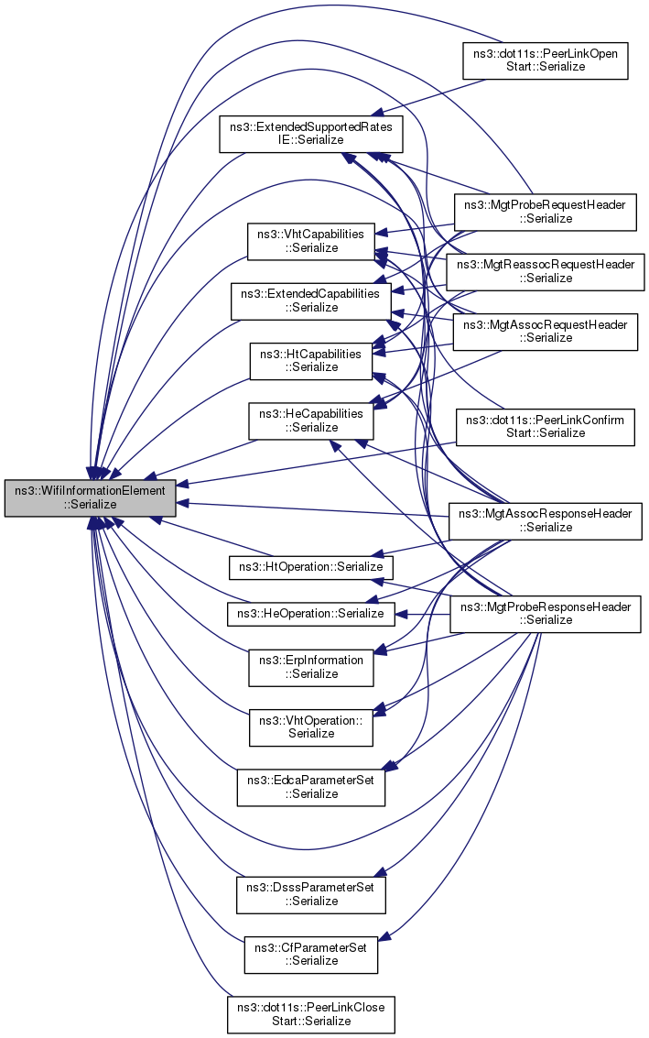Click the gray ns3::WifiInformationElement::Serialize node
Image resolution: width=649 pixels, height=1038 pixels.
[90, 497]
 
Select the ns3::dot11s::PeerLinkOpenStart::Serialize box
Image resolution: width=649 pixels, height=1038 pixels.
[546, 60]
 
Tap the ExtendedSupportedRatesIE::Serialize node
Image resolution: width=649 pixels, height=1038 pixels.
[311, 134]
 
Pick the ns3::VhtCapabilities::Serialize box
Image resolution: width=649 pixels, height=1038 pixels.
[311, 242]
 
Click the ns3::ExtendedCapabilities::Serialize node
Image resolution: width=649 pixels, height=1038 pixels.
[310, 301]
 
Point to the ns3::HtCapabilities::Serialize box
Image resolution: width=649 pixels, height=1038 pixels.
[311, 362]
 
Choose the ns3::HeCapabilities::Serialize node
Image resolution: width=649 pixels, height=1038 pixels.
[311, 421]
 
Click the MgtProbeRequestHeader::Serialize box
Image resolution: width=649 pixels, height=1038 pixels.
[546, 213]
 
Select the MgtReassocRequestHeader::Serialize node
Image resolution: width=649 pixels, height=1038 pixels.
[546, 272]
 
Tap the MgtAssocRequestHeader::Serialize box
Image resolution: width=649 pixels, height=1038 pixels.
[546, 332]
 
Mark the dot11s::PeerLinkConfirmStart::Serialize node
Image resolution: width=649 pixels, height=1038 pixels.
[546, 427]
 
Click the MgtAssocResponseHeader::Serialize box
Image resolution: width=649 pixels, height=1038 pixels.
[546, 521]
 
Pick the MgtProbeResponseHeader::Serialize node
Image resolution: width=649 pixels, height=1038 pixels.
[546, 615]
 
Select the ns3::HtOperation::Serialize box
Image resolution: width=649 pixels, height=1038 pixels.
[311, 567]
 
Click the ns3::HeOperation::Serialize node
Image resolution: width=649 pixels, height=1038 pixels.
[311, 615]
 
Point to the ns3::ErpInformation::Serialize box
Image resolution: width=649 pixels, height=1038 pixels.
[311, 668]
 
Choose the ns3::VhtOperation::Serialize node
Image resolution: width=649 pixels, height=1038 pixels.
[311, 727]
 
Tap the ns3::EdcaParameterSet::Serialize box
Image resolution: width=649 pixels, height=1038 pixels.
[311, 788]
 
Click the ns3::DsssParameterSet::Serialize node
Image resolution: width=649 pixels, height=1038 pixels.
[311, 895]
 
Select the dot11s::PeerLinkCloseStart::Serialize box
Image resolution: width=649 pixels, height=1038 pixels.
[311, 1015]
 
